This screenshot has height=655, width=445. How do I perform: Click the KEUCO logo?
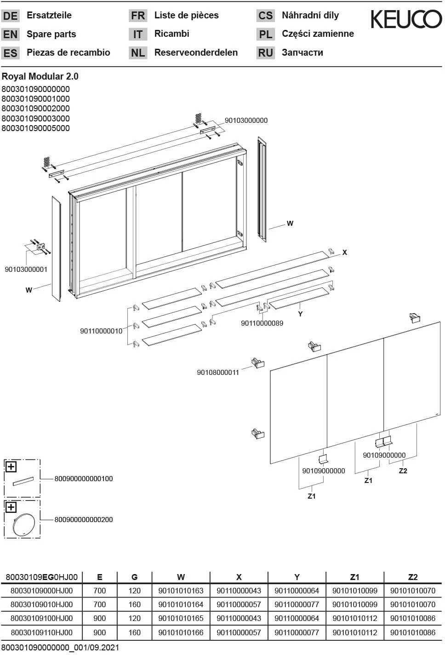point(406,20)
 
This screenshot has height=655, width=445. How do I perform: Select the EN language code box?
point(10,34)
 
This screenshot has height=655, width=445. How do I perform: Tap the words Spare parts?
point(51,34)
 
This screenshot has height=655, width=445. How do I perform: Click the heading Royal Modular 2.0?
point(40,76)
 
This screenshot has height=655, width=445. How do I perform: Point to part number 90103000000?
point(246,121)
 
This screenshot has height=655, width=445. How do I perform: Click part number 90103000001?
point(26,269)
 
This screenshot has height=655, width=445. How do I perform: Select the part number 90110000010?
point(101,331)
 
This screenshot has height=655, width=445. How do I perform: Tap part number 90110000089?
point(262,323)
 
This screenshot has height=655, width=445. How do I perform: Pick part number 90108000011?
point(218,372)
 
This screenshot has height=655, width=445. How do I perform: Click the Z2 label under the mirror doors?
point(403,471)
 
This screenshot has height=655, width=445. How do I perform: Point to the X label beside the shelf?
point(345,253)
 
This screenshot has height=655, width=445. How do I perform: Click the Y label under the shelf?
point(300,314)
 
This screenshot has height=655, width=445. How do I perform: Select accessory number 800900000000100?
point(84,478)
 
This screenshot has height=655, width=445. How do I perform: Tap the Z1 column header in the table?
point(354,577)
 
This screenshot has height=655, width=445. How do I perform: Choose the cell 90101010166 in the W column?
point(181,632)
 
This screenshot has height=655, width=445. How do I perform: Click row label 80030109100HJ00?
point(41,618)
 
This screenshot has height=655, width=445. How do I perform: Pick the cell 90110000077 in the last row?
point(297,632)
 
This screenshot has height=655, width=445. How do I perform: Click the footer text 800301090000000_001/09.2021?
point(60,647)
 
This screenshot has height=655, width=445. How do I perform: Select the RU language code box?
point(265,53)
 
